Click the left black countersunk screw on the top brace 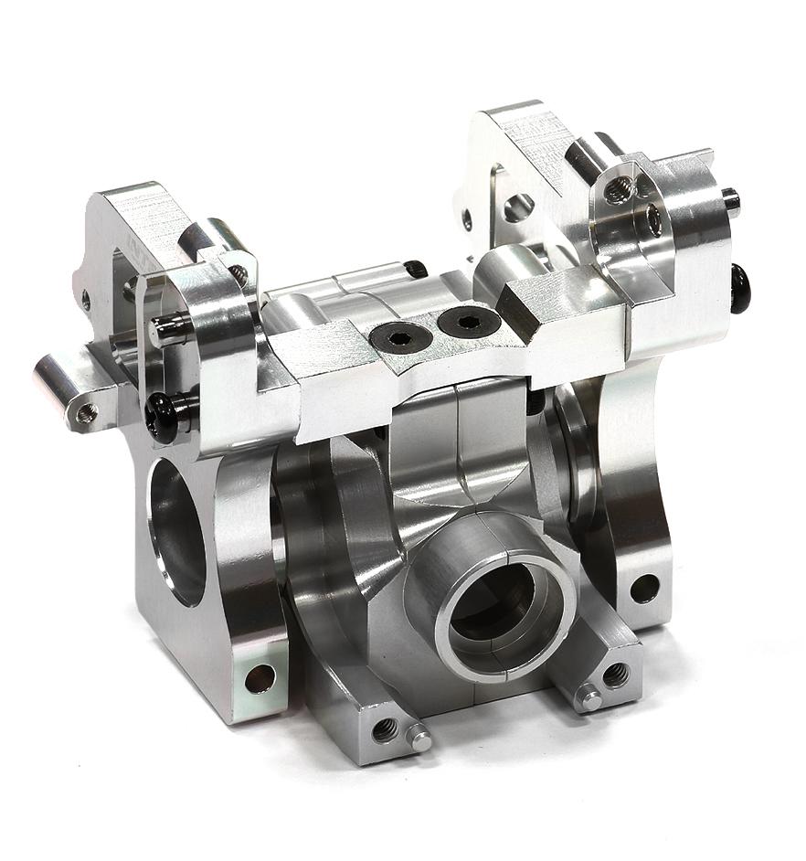click(x=399, y=337)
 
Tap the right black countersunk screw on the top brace click(x=468, y=321)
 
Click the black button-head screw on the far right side click(x=739, y=288)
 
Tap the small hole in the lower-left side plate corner click(x=260, y=677)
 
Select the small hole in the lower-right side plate click(x=644, y=588)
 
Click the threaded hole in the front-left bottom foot click(x=385, y=729)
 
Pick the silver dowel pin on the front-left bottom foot click(x=419, y=737)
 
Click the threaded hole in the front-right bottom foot click(x=614, y=675)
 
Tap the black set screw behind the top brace click(x=416, y=269)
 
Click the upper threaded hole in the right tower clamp click(x=620, y=190)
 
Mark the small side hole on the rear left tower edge click(x=86, y=299)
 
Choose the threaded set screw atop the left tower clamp click(x=238, y=271)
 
